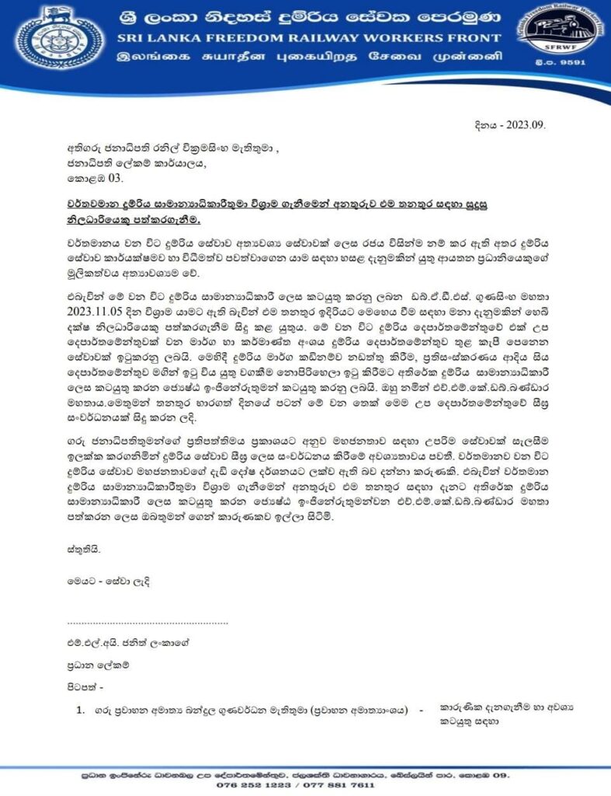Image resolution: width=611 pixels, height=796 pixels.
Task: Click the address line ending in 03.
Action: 90,178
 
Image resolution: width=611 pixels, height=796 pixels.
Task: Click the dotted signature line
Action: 147,622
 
